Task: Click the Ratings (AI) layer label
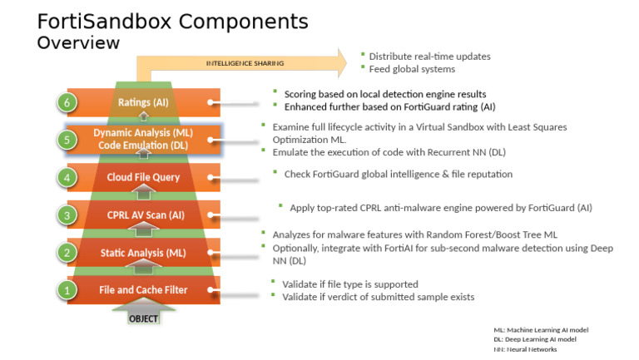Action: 142,102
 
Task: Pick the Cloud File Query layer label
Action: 143,177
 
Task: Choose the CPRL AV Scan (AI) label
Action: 142,215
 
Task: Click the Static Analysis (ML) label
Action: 143,253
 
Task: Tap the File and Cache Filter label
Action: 143,290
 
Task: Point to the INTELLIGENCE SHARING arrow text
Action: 245,63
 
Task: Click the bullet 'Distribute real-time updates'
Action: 429,57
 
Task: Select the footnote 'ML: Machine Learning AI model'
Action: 535,330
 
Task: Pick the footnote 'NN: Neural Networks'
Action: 525,349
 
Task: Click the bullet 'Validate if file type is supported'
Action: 349,284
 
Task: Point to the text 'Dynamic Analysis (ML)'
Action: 143,132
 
